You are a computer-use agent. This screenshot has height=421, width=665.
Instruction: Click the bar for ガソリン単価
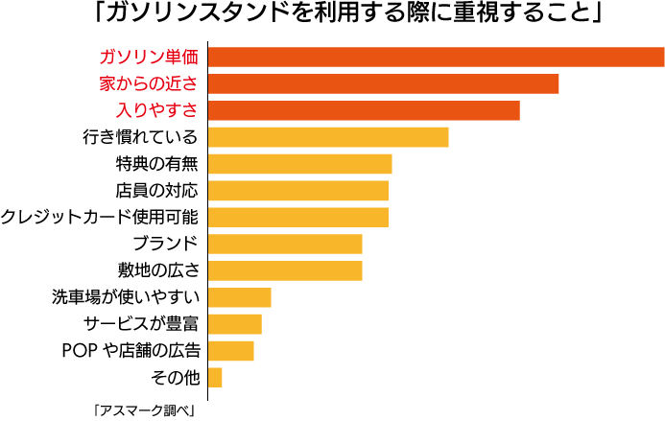[436, 57]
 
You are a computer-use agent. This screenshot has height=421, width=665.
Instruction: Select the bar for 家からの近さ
[383, 83]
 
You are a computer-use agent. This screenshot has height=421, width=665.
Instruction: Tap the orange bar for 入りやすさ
[364, 110]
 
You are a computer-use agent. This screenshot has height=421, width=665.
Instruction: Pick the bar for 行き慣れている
[328, 137]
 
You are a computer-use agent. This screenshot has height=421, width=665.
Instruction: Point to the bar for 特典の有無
[299, 164]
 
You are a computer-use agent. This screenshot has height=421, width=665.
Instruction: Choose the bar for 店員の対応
[297, 190]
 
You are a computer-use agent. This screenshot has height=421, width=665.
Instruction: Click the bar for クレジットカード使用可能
[297, 217]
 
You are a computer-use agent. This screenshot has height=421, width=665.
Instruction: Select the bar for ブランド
[285, 244]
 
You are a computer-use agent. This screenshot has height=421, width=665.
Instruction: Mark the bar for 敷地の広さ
[285, 270]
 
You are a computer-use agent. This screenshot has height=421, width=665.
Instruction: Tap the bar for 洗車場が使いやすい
[239, 297]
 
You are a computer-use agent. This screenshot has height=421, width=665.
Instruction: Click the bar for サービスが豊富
[234, 323]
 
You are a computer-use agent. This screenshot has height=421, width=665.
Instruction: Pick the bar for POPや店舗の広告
[230, 350]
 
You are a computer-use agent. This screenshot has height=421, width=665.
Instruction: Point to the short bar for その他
[215, 377]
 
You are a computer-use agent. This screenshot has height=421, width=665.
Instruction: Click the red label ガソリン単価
[150, 57]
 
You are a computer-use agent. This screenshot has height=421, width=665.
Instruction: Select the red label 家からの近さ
[150, 83]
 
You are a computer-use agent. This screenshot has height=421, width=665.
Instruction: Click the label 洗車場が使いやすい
[126, 297]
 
